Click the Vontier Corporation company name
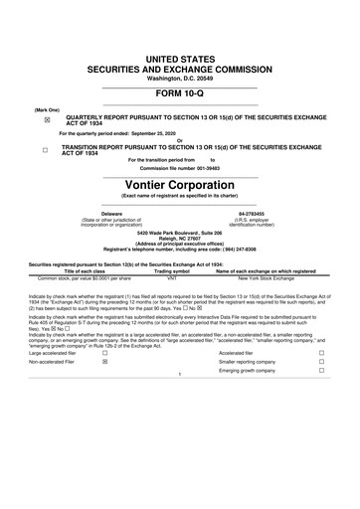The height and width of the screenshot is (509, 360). (179, 185)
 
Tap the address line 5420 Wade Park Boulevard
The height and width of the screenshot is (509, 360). (179, 233)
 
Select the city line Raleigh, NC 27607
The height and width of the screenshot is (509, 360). (179, 239)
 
